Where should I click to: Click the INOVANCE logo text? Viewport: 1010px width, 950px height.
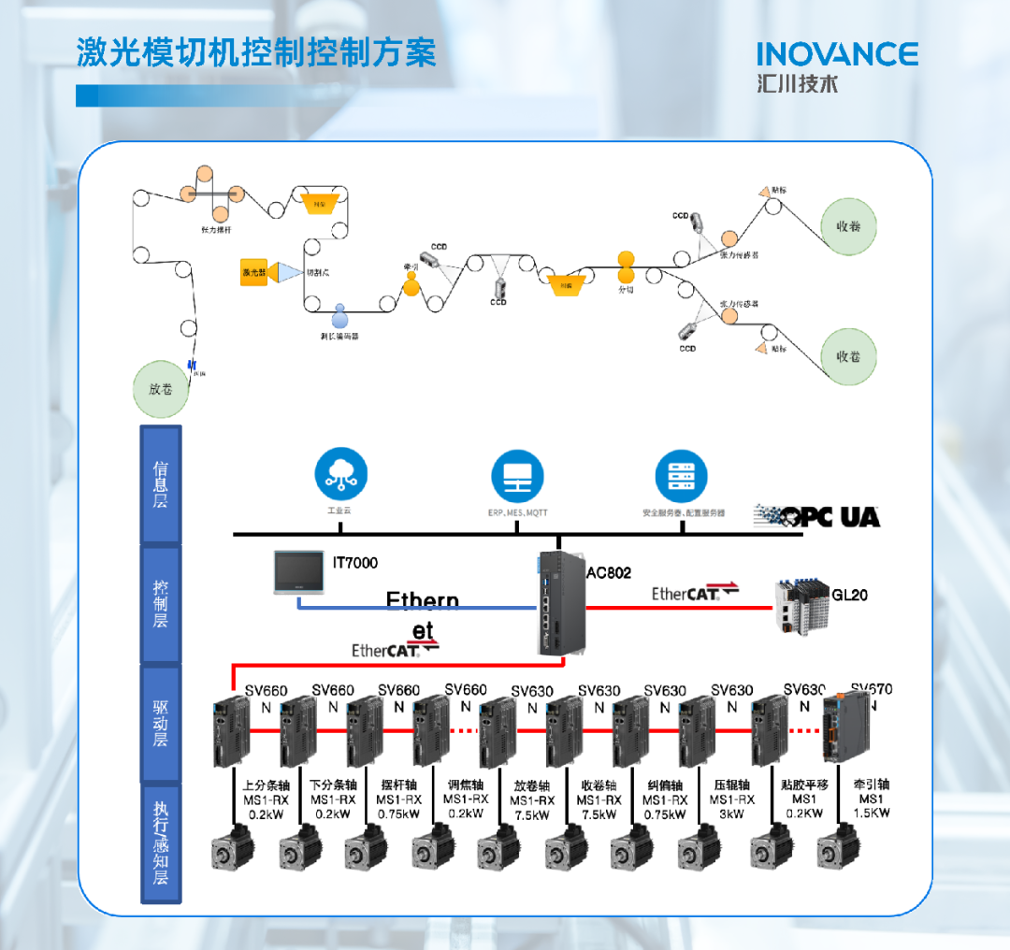tap(837, 53)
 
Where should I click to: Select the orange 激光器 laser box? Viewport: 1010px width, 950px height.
tap(254, 272)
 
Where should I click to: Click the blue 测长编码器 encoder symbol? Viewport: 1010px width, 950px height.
tap(339, 314)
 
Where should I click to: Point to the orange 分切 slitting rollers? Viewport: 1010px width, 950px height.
tap(626, 266)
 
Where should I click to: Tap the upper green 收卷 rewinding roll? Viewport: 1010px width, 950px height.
tap(848, 225)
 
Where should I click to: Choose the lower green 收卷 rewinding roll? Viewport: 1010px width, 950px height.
tap(848, 355)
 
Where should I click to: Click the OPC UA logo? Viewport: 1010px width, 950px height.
tap(817, 515)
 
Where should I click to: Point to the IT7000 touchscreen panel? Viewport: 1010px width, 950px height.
tap(299, 573)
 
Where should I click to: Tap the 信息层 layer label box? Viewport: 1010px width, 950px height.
tap(161, 483)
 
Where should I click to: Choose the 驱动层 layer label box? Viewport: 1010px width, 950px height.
tap(161, 723)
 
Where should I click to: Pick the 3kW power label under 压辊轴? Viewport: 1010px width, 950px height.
tap(732, 813)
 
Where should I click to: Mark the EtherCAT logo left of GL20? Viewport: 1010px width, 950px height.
tap(695, 593)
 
